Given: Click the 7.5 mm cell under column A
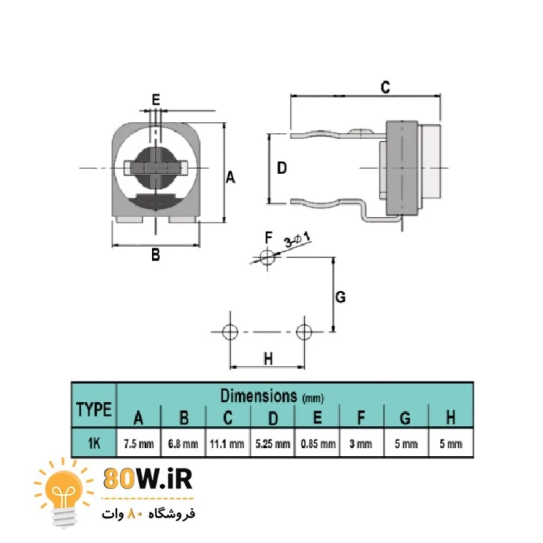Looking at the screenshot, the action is coord(139,444).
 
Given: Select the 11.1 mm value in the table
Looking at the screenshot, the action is coord(227,444).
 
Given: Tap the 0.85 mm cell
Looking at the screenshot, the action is coord(318,444).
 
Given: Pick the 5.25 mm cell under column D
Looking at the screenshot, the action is coord(273,444).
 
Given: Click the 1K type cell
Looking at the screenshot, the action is coord(94,443).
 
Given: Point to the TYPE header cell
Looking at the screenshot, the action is coord(94,409).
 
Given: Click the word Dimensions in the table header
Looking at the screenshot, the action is coord(259,396).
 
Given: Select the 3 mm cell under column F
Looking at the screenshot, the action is coord(361,444).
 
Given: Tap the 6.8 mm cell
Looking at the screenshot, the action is coord(183,444).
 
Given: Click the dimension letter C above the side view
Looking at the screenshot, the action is coord(385,88).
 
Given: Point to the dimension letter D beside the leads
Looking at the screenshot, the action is coord(282,168).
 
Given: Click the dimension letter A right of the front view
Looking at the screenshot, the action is coord(231,178).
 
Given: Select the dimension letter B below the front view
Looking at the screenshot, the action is coord(156,255).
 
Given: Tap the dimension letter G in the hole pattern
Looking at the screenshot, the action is coord(341,297).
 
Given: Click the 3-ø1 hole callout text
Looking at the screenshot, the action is coord(297,240).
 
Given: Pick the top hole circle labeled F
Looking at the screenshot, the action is coord(267,257).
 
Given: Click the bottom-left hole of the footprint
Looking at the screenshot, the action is coord(230,332).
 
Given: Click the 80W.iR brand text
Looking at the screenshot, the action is coord(148,479).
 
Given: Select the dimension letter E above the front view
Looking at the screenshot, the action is coord(156,100).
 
